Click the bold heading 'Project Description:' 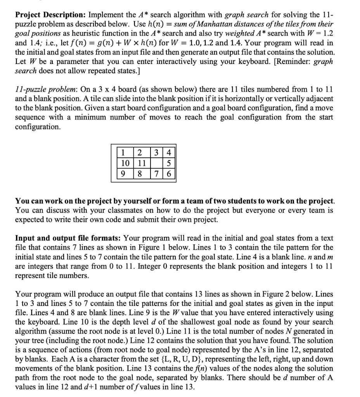[x=50, y=15]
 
